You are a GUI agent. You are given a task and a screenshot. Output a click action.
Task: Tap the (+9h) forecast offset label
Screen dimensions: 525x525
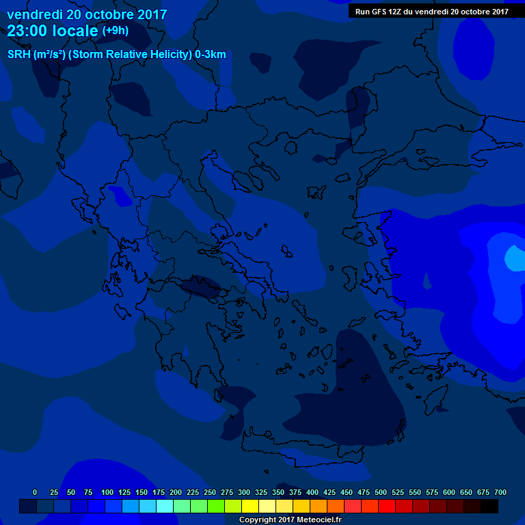(x=115, y=31)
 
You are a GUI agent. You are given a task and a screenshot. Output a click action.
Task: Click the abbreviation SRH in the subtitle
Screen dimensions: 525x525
(x=18, y=55)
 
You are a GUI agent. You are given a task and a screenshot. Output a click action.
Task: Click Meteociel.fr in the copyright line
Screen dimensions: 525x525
(x=319, y=520)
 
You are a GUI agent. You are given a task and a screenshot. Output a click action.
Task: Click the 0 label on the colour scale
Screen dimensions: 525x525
(x=35, y=493)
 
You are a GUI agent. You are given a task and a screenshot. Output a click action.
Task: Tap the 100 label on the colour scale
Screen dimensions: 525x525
(x=107, y=493)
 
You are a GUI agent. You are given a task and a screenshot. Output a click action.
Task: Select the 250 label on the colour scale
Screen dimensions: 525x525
(x=209, y=493)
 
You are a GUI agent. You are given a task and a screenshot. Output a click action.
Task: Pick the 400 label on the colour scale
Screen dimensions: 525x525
(x=312, y=493)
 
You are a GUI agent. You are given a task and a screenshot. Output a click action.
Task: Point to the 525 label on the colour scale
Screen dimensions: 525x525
(x=397, y=493)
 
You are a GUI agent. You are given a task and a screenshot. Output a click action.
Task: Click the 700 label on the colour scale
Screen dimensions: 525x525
(x=500, y=493)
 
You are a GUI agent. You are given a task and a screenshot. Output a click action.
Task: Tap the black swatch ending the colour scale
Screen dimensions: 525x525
(x=489, y=506)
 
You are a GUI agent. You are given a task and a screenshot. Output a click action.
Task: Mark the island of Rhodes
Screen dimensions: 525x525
(x=431, y=403)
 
